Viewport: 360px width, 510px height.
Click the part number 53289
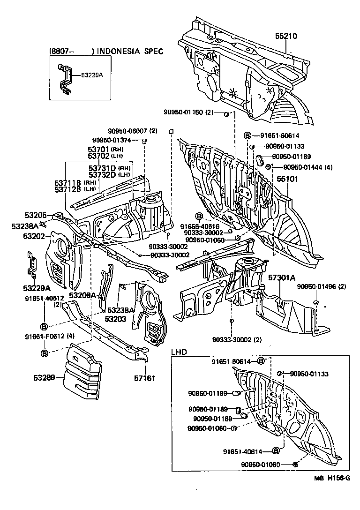coord(44,376)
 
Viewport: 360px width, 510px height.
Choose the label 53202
coord(34,236)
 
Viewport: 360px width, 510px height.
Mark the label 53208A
coord(82,295)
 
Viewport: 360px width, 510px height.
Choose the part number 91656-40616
coord(200,226)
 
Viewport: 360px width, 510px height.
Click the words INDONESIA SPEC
coord(130,51)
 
